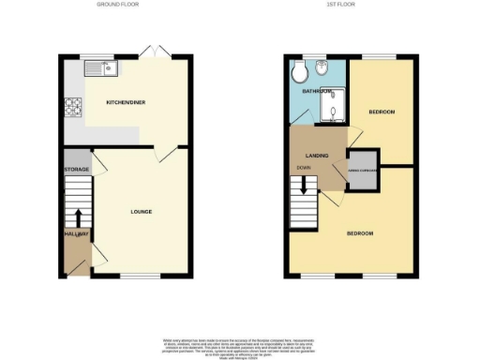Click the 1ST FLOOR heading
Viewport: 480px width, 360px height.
click(x=337, y=5)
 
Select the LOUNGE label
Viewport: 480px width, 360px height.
click(x=141, y=212)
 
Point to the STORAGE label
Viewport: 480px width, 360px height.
click(x=76, y=170)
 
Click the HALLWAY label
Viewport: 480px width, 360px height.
click(x=76, y=234)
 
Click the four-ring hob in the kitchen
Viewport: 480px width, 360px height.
click(x=73, y=108)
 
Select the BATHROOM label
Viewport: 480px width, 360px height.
click(x=317, y=92)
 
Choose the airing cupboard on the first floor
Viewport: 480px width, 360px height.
click(x=363, y=170)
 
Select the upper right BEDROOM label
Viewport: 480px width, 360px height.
click(x=381, y=112)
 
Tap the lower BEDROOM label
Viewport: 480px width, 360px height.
click(x=361, y=232)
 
